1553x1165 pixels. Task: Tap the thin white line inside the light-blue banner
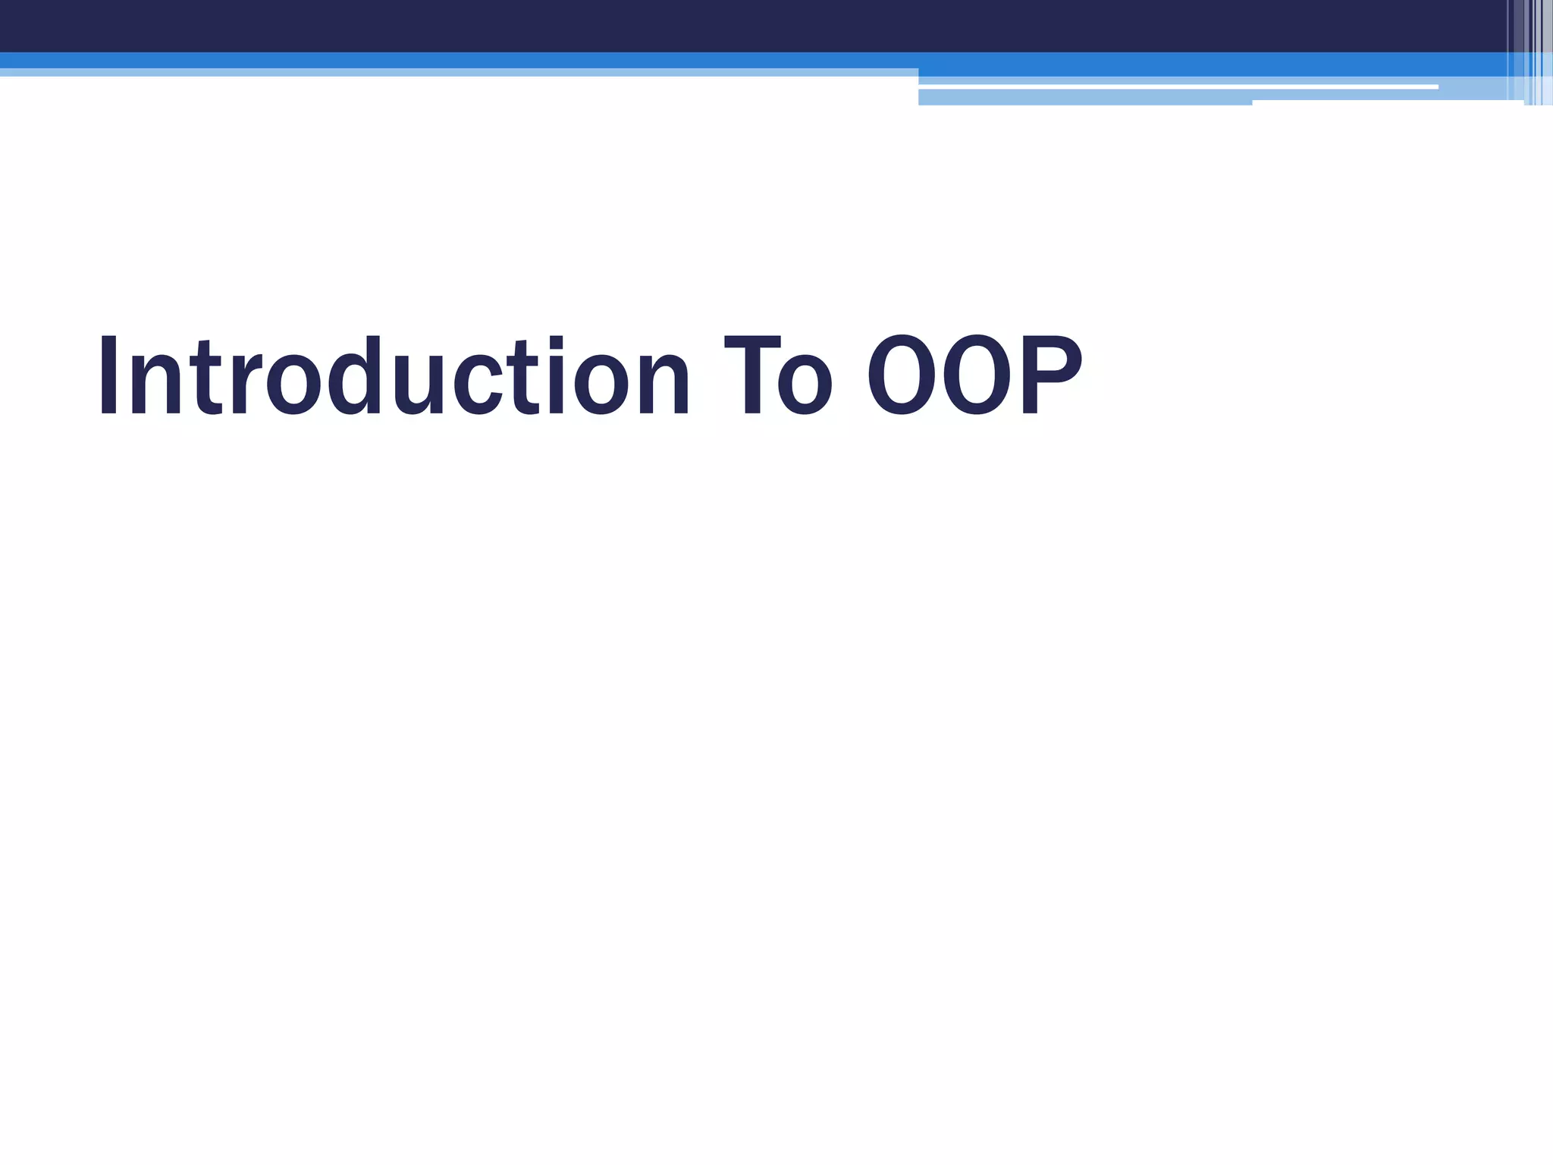point(1175,87)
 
